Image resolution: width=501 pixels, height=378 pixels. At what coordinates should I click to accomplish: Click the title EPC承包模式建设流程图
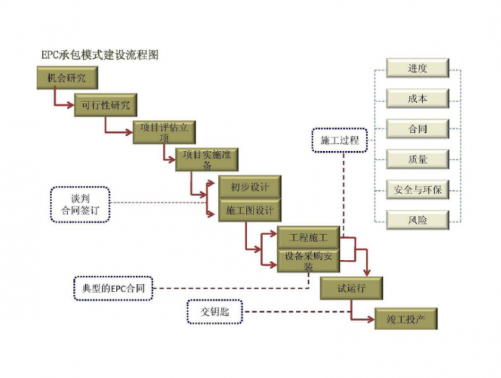coord(100,54)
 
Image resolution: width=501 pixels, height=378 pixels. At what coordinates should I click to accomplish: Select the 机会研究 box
coord(67,78)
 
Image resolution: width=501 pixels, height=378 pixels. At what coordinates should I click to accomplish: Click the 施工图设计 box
coord(249,211)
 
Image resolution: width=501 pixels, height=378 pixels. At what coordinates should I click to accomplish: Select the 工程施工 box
coord(308,238)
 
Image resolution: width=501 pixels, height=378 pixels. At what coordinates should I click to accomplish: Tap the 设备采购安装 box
coord(308,261)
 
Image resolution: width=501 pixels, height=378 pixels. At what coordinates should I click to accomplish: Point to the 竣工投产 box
coord(406,318)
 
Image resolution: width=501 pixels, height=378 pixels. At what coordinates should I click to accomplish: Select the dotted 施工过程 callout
coord(339,140)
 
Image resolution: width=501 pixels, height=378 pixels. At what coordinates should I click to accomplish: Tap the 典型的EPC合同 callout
coord(113,289)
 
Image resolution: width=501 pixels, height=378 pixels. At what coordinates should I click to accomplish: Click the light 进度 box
coord(417,68)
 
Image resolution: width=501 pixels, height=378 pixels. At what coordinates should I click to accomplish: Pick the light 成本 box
coord(417,98)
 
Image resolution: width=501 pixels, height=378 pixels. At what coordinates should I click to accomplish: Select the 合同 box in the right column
coord(417,128)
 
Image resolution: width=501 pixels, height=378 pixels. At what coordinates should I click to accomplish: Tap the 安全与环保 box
coord(417,189)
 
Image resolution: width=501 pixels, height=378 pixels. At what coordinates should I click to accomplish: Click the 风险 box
coord(417,219)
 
